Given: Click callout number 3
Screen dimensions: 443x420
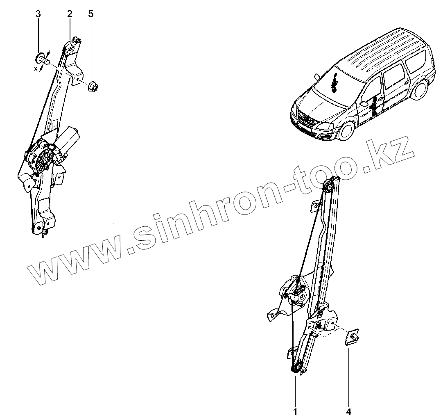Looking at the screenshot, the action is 38,14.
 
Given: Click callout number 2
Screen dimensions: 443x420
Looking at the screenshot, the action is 70,14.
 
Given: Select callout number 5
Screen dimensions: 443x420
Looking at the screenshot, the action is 90,14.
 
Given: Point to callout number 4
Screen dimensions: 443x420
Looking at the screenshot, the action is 349,411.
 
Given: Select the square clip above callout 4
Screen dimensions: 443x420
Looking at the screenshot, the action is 352,338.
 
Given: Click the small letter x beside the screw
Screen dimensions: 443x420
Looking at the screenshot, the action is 36,69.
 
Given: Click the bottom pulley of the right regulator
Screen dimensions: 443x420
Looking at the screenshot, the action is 297,367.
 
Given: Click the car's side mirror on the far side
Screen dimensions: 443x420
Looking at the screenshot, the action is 317,77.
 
